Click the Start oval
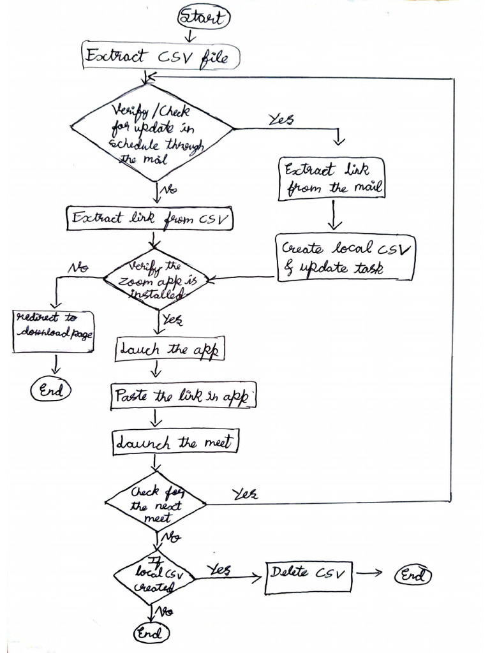(202, 17)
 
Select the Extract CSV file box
(161, 57)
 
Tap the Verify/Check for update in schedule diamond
(152, 132)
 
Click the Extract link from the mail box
(332, 179)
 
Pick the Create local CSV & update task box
(345, 258)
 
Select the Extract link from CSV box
(151, 219)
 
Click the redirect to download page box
(53, 332)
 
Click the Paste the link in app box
(183, 396)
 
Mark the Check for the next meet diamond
(156, 503)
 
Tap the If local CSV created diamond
(154, 578)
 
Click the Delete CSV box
(308, 574)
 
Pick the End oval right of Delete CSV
(413, 575)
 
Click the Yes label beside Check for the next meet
(244, 494)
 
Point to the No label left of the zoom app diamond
(78, 267)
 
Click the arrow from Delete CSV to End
(369, 572)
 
